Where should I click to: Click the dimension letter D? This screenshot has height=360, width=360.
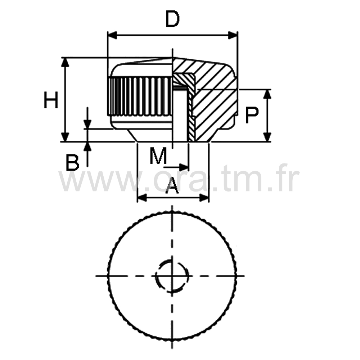tap(172, 19)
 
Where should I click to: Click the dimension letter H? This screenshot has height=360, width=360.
tap(51, 100)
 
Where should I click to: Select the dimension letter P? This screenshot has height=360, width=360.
tap(252, 115)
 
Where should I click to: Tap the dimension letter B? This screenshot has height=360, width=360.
tap(72, 163)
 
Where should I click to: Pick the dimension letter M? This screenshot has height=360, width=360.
tap(158, 156)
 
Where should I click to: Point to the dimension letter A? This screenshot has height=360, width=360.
tap(172, 185)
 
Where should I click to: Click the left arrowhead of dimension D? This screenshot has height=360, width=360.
tap(112, 36)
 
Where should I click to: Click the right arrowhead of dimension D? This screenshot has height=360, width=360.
tap(233, 36)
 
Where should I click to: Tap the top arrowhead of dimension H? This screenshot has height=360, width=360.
tap(65, 62)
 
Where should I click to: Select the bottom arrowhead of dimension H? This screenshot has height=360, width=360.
tap(65, 137)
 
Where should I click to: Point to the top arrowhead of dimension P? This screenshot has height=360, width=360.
tap(267, 94)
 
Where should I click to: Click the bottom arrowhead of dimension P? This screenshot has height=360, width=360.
tap(267, 137)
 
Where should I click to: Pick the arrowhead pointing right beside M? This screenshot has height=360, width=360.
tap(184, 167)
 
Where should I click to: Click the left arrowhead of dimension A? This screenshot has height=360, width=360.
tap(142, 197)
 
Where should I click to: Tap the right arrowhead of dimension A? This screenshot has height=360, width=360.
tap(204, 197)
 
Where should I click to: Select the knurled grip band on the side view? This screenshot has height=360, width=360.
tap(140, 96)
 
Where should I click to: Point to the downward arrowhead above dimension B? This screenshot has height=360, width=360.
tap(87, 124)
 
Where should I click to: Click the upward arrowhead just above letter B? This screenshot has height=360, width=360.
tap(87, 147)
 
